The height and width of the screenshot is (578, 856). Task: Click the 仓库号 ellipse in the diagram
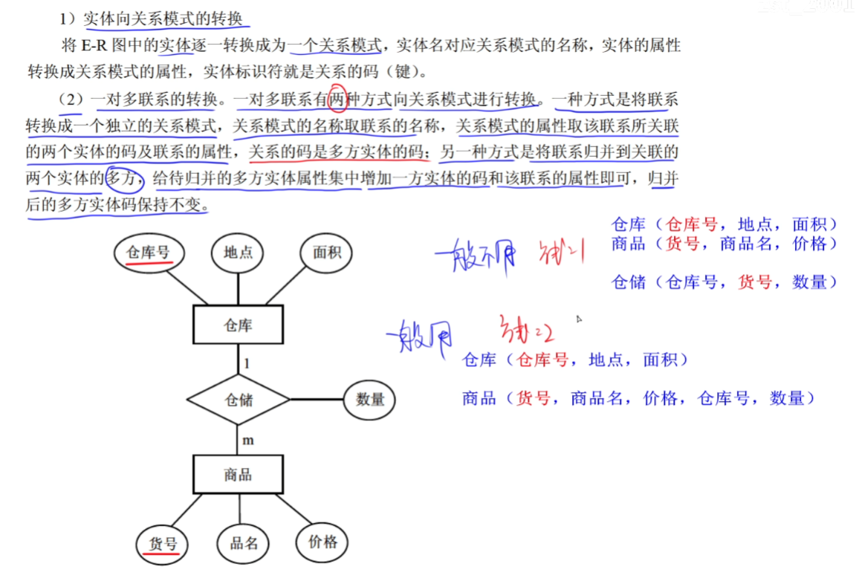(149, 252)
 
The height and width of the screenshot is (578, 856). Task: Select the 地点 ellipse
(239, 252)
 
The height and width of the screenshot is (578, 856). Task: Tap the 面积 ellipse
(326, 252)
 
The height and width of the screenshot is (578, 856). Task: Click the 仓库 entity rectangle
(238, 325)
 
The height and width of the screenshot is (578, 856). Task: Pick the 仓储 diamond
(238, 400)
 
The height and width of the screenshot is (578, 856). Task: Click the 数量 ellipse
(370, 399)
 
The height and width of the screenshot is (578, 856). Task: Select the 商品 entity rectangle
(238, 475)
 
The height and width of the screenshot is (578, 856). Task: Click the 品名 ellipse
(243, 543)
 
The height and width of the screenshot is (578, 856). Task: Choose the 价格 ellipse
(322, 542)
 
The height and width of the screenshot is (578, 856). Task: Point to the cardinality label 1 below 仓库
(247, 363)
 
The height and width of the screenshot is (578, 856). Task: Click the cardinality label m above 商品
(248, 440)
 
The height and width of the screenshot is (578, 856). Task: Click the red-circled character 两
(338, 98)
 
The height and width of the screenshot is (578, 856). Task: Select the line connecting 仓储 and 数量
(317, 399)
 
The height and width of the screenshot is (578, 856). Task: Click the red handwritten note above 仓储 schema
(561, 255)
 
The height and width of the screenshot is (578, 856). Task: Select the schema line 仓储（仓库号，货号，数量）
(724, 282)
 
